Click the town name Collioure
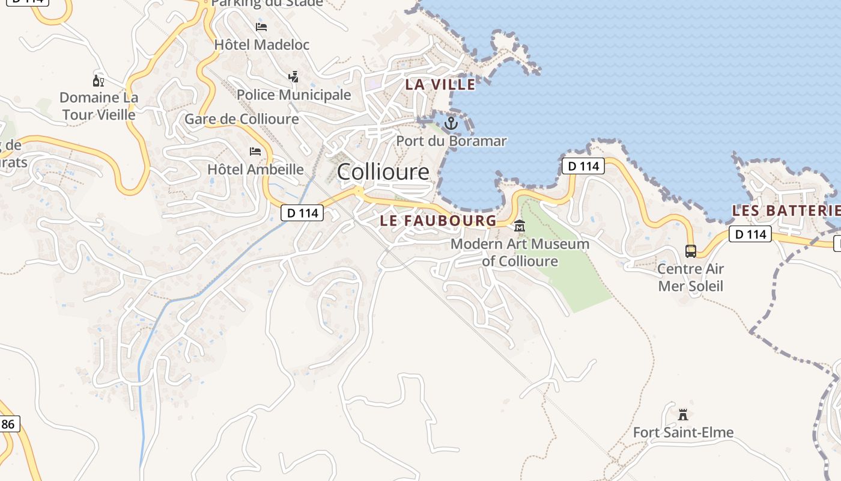(x=383, y=172)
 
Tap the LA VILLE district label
(x=440, y=85)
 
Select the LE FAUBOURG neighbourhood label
(x=439, y=221)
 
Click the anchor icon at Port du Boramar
(x=451, y=124)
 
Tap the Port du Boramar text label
(x=451, y=141)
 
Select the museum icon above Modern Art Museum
(x=520, y=227)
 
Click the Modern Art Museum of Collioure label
(x=520, y=253)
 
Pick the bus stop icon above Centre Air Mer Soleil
(x=691, y=251)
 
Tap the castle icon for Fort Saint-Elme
(x=682, y=414)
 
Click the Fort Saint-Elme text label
(x=683, y=432)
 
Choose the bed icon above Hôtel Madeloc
(x=261, y=27)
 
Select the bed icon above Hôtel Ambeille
(x=255, y=152)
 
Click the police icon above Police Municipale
(x=293, y=77)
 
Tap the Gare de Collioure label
(x=241, y=119)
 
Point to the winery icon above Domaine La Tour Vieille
(x=99, y=81)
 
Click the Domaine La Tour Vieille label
(x=99, y=106)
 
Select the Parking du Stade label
(x=267, y=4)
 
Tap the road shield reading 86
(x=8, y=424)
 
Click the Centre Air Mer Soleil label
(x=691, y=277)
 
